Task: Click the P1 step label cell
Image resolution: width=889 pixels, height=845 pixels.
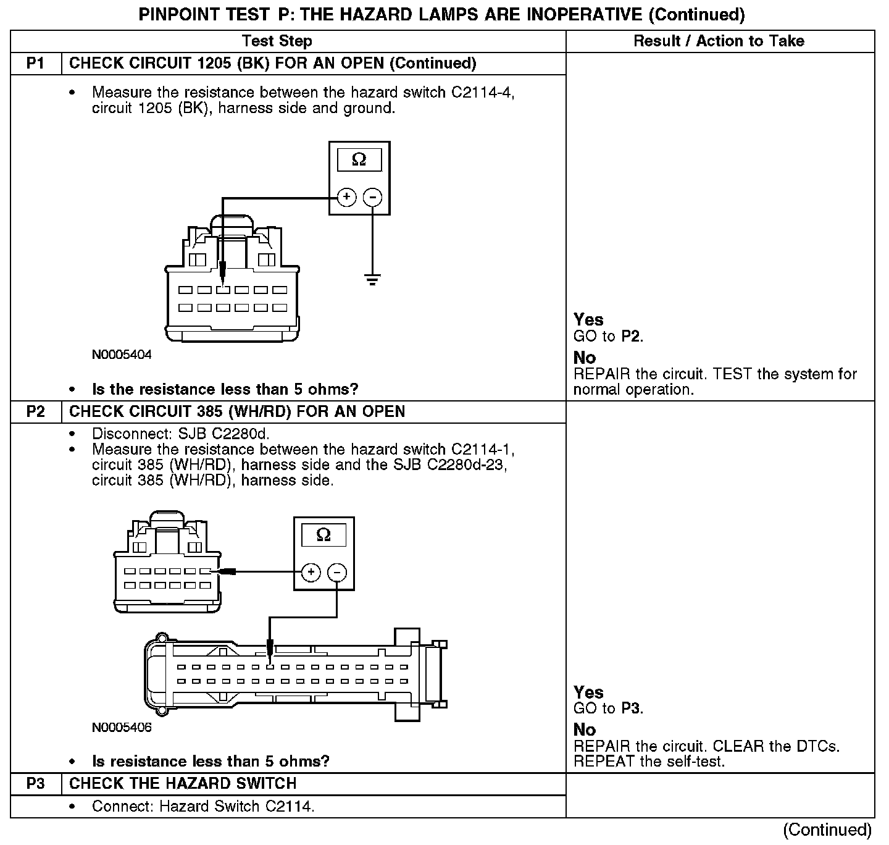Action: (36, 64)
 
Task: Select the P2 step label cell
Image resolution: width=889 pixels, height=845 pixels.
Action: (36, 412)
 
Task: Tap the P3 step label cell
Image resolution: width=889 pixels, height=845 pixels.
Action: (36, 784)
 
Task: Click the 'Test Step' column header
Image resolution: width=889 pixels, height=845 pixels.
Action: (277, 41)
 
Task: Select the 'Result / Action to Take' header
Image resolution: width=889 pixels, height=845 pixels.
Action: (719, 41)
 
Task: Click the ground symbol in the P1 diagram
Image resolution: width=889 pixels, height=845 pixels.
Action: (372, 280)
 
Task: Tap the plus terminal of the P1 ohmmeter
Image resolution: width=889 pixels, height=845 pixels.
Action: (347, 197)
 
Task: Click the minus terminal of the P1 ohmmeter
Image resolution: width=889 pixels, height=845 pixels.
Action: (372, 197)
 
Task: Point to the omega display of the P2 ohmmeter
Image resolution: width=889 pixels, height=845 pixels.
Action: (323, 535)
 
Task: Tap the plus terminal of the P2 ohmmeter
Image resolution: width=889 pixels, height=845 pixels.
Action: (311, 573)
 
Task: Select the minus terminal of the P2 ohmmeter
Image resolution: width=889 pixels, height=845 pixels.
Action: (336, 573)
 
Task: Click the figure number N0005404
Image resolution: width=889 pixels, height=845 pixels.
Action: (122, 355)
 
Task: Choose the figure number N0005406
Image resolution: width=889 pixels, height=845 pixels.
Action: (122, 727)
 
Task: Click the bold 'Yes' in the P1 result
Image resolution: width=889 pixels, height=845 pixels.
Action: (588, 320)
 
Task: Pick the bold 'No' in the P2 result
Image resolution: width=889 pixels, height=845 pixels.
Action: (585, 730)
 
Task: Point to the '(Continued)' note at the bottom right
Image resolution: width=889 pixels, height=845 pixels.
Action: (827, 830)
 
